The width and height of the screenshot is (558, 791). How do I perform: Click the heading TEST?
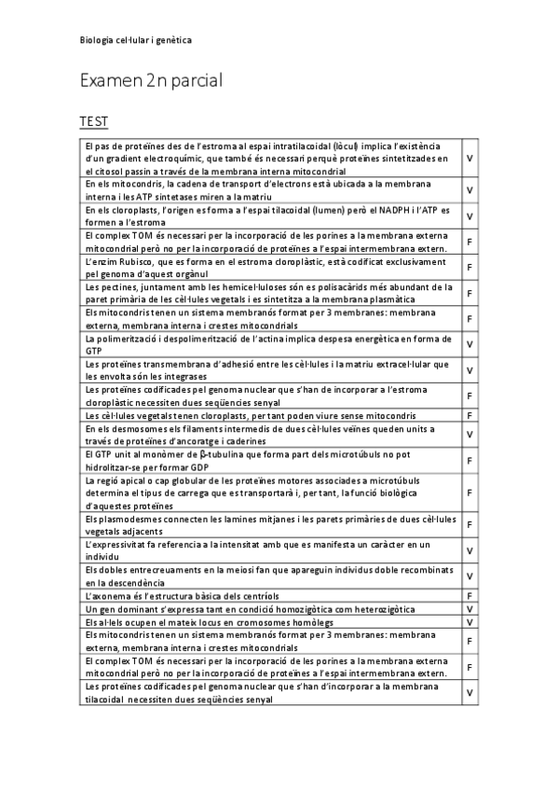pyautogui.click(x=93, y=122)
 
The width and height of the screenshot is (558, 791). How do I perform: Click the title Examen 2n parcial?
pyautogui.click(x=151, y=81)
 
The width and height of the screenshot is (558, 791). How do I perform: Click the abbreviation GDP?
pyautogui.click(x=195, y=465)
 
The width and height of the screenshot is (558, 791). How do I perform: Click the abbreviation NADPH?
pyautogui.click(x=386, y=211)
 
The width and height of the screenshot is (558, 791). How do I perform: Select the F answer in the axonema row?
pyautogui.click(x=470, y=595)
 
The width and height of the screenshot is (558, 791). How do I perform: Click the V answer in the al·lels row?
pyautogui.click(x=470, y=622)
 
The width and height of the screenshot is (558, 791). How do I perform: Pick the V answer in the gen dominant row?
pyautogui.click(x=470, y=608)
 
